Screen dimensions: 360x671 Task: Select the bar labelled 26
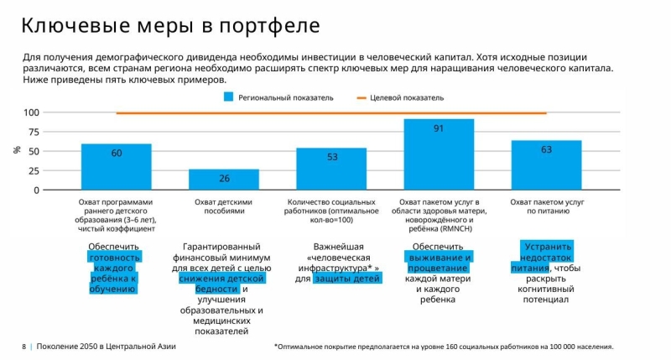point(224,179)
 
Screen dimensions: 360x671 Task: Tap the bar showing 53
point(331,169)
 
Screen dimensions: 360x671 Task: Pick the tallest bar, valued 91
point(439,154)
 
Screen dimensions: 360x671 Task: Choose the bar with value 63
point(546,164)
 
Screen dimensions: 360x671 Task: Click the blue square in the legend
point(228,97)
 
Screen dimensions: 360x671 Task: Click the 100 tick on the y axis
point(31,112)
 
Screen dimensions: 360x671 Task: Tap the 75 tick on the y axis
point(34,132)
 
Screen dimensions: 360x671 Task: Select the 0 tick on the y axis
point(36,190)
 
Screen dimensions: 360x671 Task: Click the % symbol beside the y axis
point(16,150)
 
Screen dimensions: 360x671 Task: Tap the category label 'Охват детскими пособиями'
point(224,207)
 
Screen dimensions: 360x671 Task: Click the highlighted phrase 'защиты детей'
point(347,279)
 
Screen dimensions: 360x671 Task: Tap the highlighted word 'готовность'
point(116,257)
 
